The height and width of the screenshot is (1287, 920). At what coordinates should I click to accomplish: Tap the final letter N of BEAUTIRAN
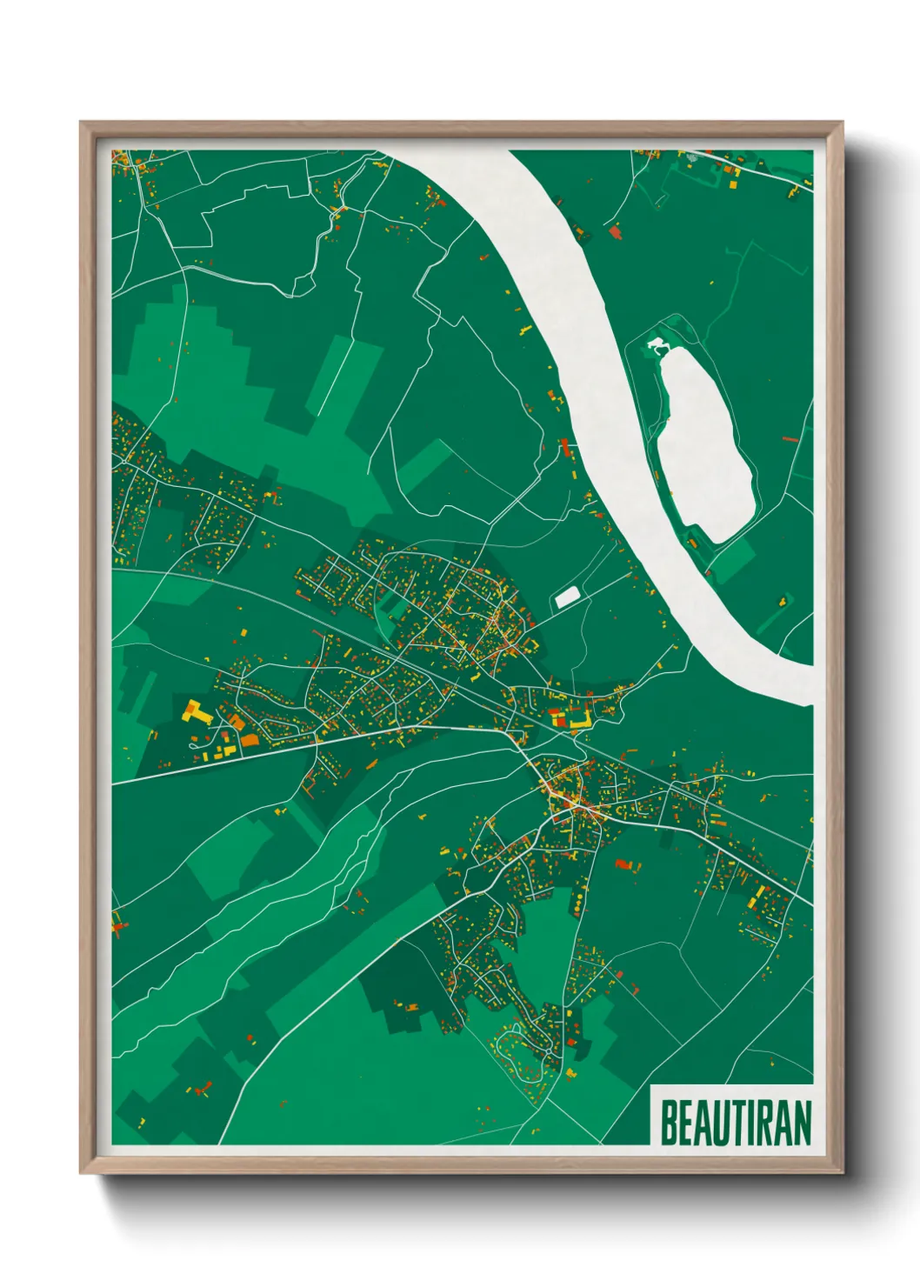tap(801, 1123)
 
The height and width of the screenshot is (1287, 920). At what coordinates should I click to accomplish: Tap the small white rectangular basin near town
tap(567, 597)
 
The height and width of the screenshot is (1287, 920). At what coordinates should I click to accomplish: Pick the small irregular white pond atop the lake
tap(657, 346)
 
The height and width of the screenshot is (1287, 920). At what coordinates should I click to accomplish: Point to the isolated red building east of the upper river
tap(616, 231)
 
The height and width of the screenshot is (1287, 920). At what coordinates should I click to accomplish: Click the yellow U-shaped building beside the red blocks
tap(581, 718)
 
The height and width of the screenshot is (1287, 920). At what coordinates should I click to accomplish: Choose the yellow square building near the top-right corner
tap(732, 184)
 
